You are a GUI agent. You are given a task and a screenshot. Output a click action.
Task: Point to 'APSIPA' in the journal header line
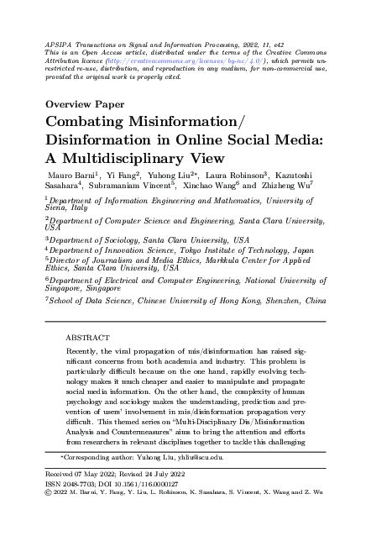[55, 40]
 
